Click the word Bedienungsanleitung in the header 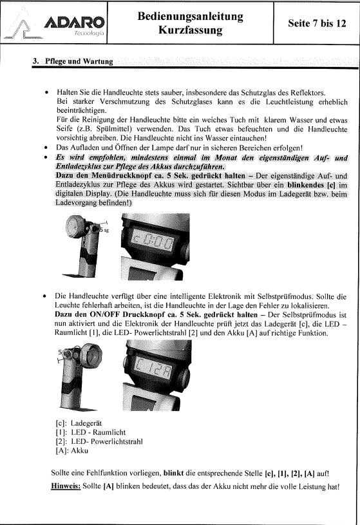[x=190, y=15]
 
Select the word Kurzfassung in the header [x=190, y=30]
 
